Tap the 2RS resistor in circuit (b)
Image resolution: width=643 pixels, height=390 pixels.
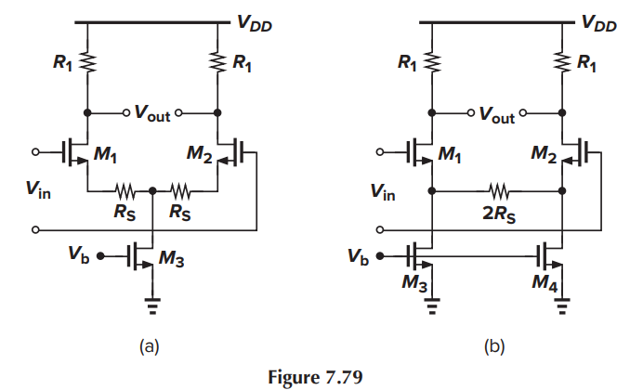tap(498, 193)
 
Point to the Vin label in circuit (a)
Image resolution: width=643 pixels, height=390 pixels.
tap(38, 191)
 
